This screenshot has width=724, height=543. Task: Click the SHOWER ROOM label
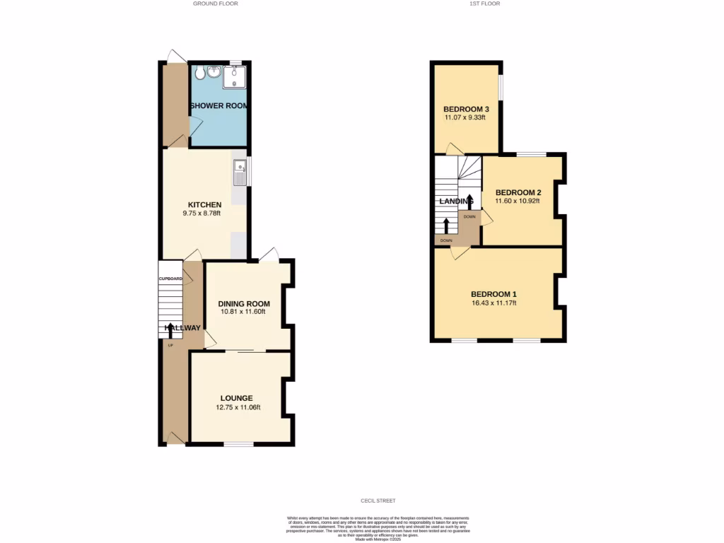click(218, 106)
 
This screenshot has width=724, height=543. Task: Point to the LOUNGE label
click(236, 398)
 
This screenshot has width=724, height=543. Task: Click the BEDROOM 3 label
click(466, 109)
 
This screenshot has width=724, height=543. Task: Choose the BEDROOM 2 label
click(518, 192)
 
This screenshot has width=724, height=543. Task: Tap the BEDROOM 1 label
click(494, 294)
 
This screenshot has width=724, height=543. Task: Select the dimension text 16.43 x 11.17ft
click(494, 303)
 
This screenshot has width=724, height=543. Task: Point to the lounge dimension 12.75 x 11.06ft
click(238, 407)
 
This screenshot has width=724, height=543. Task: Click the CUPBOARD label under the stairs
click(170, 279)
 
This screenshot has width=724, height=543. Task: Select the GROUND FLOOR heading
click(216, 4)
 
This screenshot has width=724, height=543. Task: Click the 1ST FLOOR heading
click(485, 4)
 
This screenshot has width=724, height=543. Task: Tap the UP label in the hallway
click(170, 345)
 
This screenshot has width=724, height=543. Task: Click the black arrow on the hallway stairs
click(170, 328)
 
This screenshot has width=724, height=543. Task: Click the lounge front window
click(239, 444)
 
